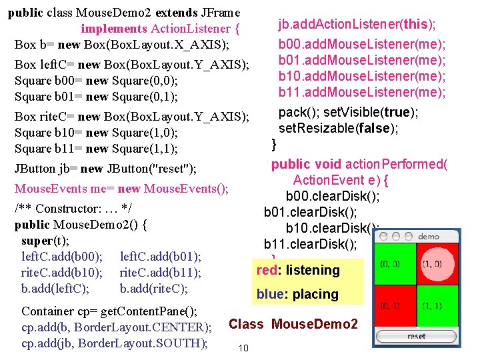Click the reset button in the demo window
coord(416,337)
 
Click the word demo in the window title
coord(428,237)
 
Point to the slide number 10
coord(243,348)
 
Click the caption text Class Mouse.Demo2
coord(293,325)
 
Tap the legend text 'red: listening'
coord(298,270)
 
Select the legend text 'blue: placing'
coord(297,294)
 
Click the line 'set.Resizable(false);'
coord(338,128)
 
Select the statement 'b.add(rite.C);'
coord(153,289)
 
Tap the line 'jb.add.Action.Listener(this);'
coord(357,25)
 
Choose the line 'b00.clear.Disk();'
coord(333,196)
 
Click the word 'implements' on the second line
coord(114,29)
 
